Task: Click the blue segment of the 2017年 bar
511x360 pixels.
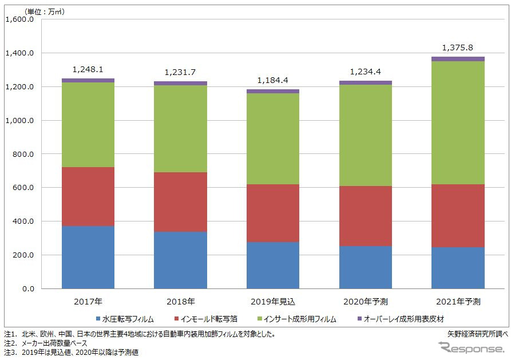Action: pos(88,257)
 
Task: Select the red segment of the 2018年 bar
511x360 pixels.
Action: pos(180,201)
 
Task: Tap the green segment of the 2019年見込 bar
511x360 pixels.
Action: pos(273,139)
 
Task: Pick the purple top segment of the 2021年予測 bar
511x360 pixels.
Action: pos(458,59)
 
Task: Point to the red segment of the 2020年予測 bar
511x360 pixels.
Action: pos(365,216)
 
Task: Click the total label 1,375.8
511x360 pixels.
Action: pos(458,48)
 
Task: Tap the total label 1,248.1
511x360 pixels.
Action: pos(88,69)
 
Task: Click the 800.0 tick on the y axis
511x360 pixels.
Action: pos(23,154)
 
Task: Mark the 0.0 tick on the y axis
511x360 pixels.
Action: pos(29,288)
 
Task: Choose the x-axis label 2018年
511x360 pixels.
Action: pos(180,301)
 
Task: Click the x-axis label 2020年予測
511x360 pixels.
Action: pos(365,301)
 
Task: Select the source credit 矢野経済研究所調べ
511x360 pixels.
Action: pos(478,333)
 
